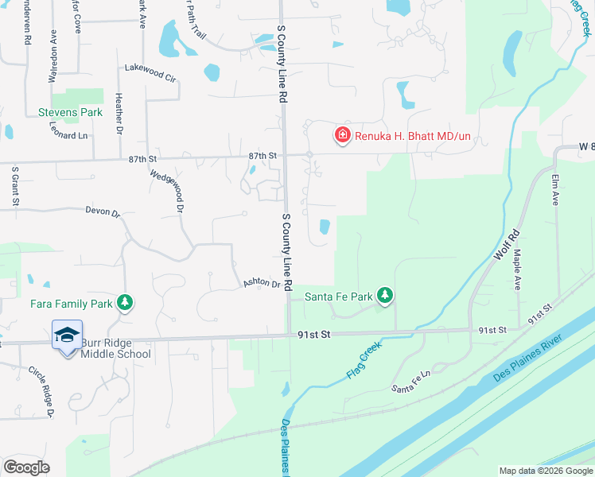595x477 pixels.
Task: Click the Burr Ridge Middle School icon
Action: tap(68, 335)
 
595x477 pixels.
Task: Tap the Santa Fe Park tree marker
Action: tap(385, 296)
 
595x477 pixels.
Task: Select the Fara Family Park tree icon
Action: tap(124, 303)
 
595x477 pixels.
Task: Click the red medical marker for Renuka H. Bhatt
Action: tap(343, 137)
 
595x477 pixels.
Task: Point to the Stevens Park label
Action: tap(71, 112)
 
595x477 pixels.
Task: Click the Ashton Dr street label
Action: tap(262, 284)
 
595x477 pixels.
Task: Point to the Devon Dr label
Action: tap(103, 213)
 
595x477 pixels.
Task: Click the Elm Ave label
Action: tap(555, 190)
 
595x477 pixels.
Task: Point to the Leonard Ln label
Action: tap(68, 136)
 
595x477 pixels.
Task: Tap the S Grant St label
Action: tap(15, 186)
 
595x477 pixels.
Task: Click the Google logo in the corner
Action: tap(26, 467)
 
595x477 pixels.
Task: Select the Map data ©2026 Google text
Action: tap(545, 471)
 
